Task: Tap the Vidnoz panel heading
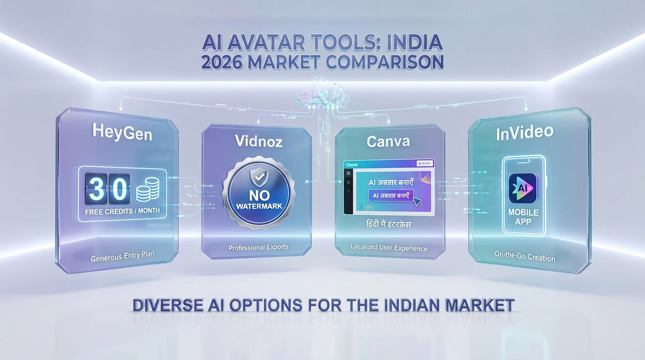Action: click(259, 141)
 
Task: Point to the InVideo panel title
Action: click(525, 133)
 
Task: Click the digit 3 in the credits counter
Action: click(96, 189)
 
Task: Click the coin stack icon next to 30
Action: click(148, 190)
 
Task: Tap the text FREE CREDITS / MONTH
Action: click(122, 211)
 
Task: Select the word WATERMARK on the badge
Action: click(259, 206)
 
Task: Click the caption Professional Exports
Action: click(258, 247)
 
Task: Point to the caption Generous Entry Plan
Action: click(122, 256)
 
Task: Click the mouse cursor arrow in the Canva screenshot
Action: click(417, 202)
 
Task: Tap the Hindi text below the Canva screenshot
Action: click(389, 225)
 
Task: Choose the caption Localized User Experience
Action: click(389, 247)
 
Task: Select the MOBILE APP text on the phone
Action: click(524, 217)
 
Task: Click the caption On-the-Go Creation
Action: click(525, 256)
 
